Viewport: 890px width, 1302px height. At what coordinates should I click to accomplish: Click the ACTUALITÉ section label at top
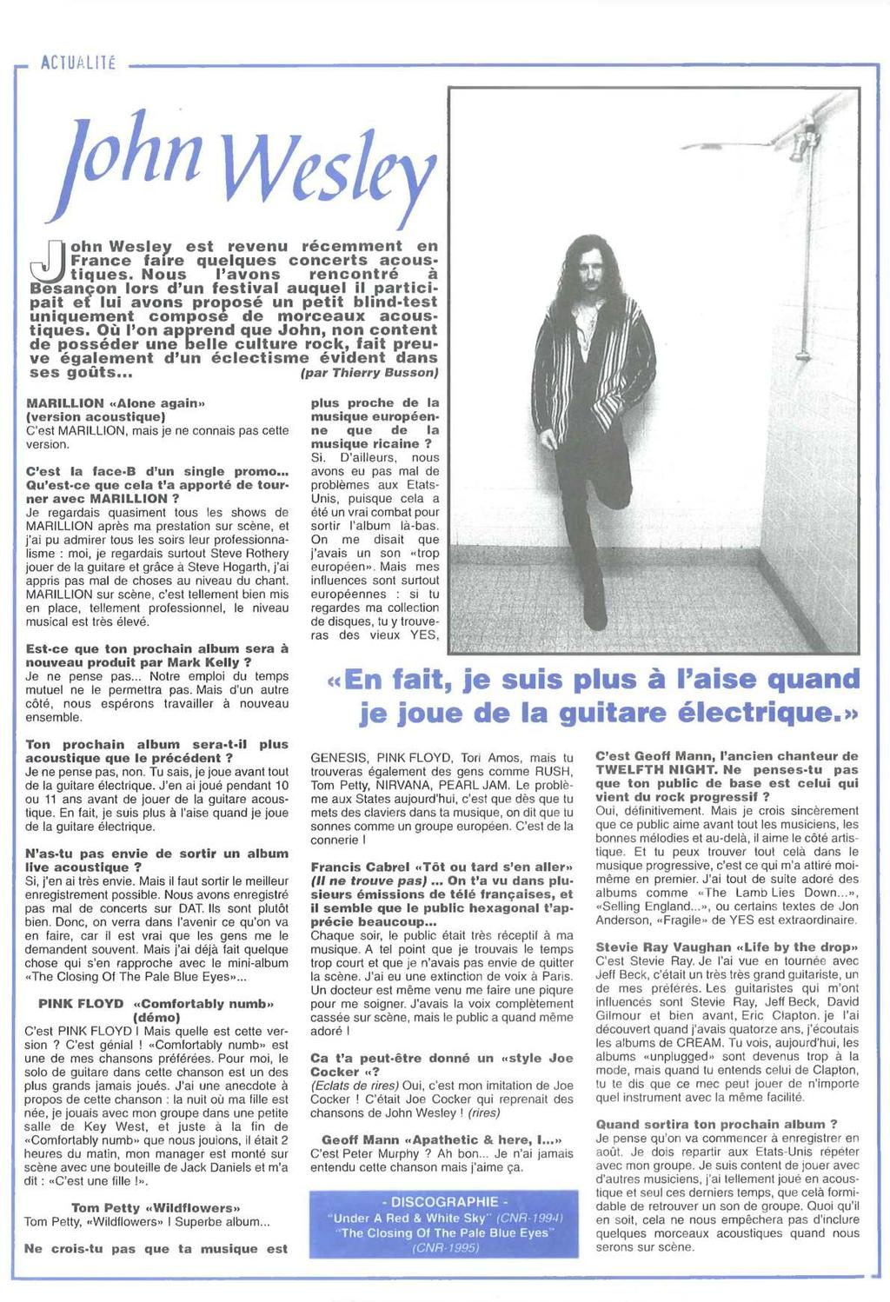78,64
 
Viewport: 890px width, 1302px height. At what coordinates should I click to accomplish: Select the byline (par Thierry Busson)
369,372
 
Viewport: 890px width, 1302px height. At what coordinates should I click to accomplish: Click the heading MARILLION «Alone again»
116,403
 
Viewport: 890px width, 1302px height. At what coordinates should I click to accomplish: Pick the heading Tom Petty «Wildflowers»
156,1207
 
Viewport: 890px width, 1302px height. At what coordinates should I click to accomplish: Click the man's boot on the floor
595,608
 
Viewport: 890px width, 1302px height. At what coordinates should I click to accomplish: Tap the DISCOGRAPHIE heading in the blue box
444,1202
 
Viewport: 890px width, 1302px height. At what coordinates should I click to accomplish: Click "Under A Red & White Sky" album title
413,1218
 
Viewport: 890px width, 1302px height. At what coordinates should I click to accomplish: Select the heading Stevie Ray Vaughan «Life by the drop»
727,947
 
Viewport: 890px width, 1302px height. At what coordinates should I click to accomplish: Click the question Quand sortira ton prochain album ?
716,1124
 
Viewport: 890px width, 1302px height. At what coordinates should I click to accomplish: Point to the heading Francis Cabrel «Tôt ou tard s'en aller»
442,867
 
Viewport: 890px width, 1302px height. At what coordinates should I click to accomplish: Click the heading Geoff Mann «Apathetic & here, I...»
442,1139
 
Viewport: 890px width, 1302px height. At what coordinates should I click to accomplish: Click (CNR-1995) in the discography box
444,1248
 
